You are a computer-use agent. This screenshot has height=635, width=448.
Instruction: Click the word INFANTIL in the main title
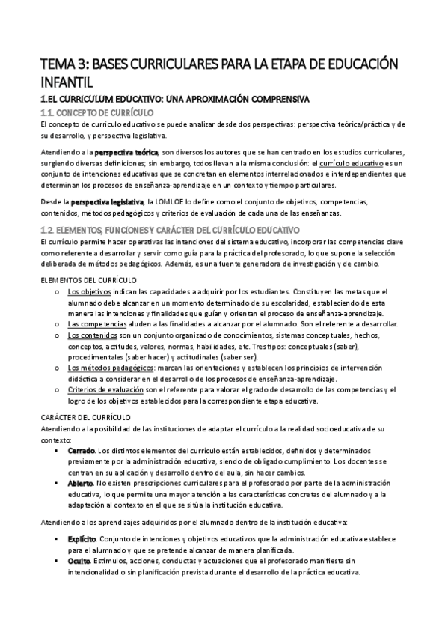pyautogui.click(x=67, y=79)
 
